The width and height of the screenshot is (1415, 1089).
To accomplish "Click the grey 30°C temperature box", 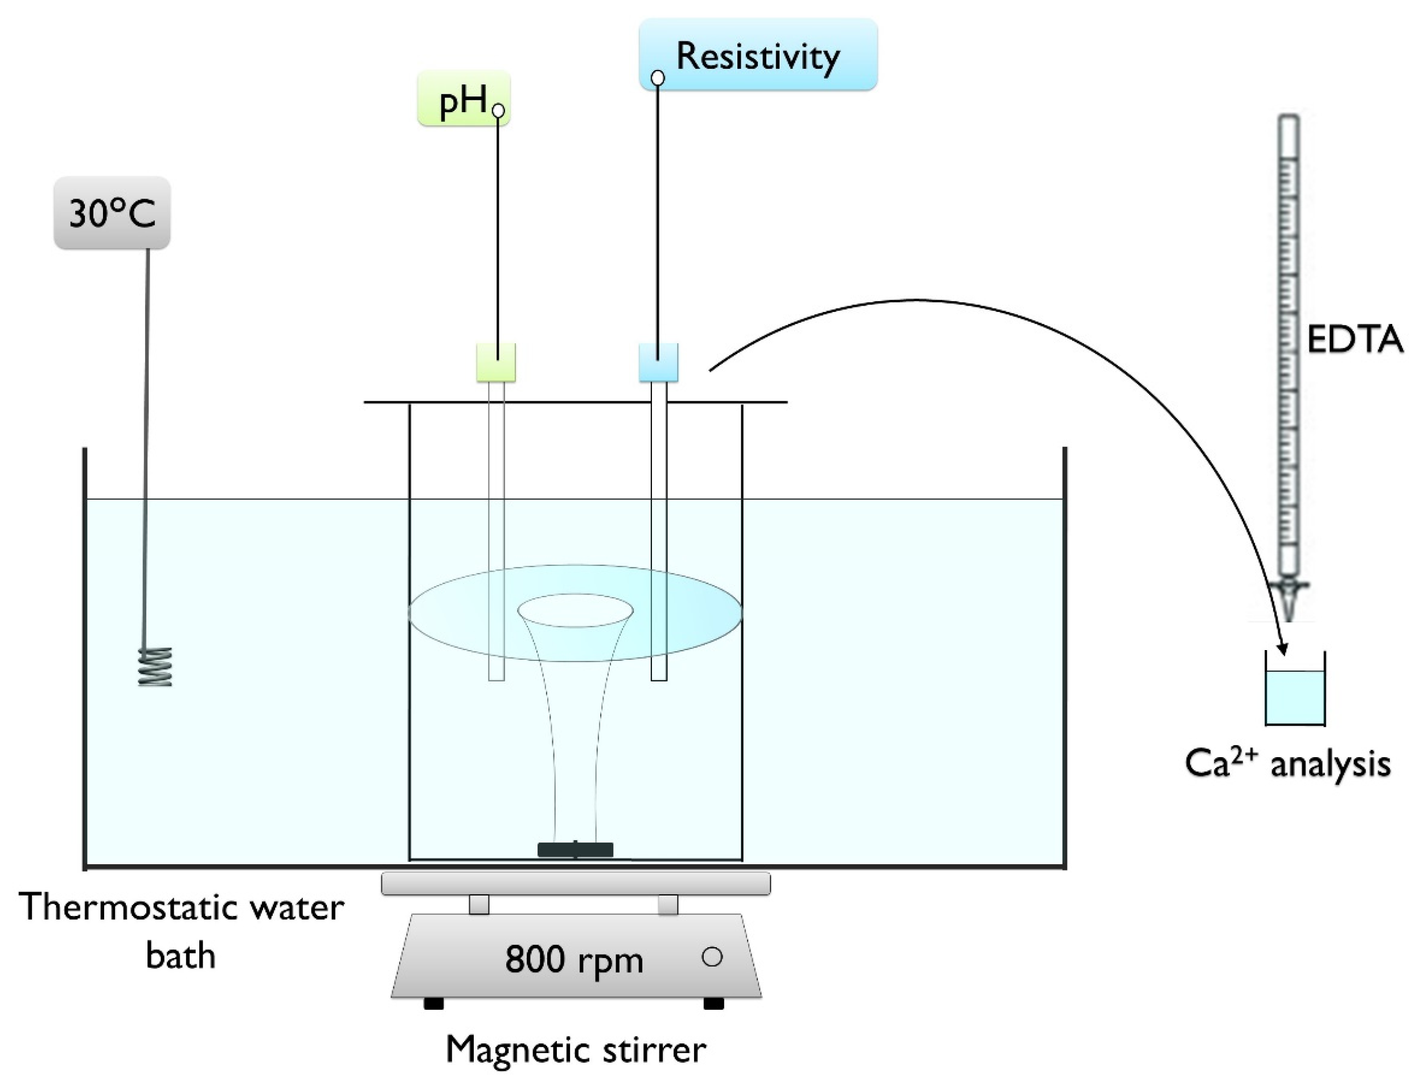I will pos(112,212).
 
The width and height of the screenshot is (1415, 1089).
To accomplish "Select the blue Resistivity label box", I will pos(758,55).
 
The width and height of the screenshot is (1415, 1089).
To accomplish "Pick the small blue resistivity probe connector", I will pos(658,362).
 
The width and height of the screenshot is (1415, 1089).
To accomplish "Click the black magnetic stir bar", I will pos(575,849).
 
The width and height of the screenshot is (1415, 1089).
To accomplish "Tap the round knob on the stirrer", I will pos(711,957).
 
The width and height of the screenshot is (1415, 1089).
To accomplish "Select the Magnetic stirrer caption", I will pos(575,1050).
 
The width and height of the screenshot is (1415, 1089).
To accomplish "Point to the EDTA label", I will pos(1354,339).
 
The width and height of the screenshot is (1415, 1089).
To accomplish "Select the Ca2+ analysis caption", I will pos(1287,764).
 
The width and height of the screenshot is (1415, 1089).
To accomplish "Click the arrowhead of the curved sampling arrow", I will pos(1282,649).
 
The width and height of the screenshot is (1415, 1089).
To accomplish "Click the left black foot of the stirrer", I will pos(433,1004).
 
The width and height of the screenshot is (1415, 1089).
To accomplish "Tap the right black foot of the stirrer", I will pos(713,1004).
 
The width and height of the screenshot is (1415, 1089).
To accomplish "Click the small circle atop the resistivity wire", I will pos(658,78).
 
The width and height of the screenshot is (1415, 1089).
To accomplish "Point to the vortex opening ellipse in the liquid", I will pos(575,610).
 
